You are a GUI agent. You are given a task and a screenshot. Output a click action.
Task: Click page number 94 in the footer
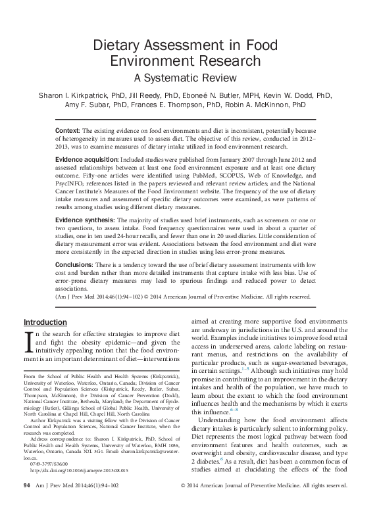coord(27,503)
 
